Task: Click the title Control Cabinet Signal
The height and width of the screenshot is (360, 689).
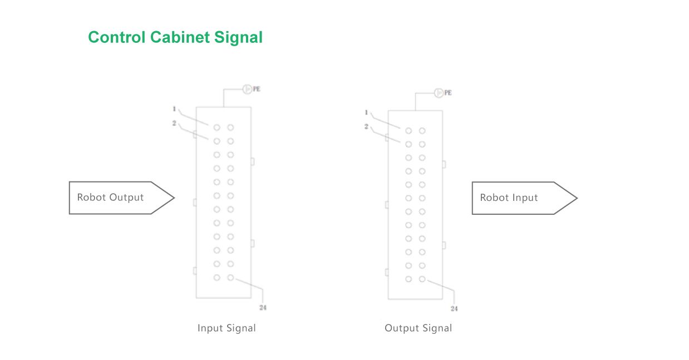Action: point(175,37)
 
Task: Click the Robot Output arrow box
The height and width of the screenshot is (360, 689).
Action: point(117,198)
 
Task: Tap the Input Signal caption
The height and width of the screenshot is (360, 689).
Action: point(227,328)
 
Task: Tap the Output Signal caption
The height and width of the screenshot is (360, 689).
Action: point(419,328)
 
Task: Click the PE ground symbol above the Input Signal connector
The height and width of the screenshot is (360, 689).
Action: point(248,88)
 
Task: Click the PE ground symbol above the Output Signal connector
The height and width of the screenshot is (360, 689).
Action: point(439,92)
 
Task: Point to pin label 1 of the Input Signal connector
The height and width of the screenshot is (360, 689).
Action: point(174,109)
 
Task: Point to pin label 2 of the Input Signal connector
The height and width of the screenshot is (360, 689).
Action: point(174,123)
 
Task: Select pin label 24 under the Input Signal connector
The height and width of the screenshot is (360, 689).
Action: point(263,307)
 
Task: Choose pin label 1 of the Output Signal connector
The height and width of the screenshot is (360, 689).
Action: point(366,112)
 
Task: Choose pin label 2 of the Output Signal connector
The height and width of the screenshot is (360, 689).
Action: point(366,127)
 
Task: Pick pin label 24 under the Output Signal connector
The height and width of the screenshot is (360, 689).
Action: point(454,308)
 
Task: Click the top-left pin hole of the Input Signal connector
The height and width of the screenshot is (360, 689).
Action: point(216,127)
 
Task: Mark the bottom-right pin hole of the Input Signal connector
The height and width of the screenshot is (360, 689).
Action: point(230,277)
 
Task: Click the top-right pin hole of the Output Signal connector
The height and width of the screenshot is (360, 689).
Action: point(422,131)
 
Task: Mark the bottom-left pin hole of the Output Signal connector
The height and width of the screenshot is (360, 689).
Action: point(409,279)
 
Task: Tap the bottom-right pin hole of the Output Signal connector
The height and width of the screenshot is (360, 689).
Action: point(422,279)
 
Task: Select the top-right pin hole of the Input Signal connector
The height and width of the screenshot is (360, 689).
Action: point(230,127)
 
